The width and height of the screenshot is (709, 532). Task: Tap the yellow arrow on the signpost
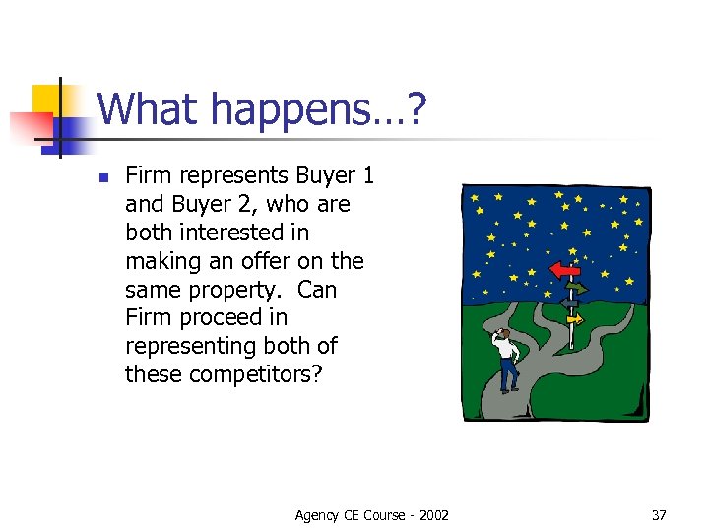pos(574,319)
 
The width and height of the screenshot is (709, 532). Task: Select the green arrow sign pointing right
pos(576,289)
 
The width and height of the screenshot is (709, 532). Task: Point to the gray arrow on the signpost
pos(569,304)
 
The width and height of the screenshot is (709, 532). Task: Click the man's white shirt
pos(506,346)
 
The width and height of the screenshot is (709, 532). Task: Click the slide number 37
pos(659,515)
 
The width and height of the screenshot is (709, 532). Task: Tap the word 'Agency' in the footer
pos(318,515)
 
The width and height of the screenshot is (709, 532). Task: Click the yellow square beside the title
pos(49,99)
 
